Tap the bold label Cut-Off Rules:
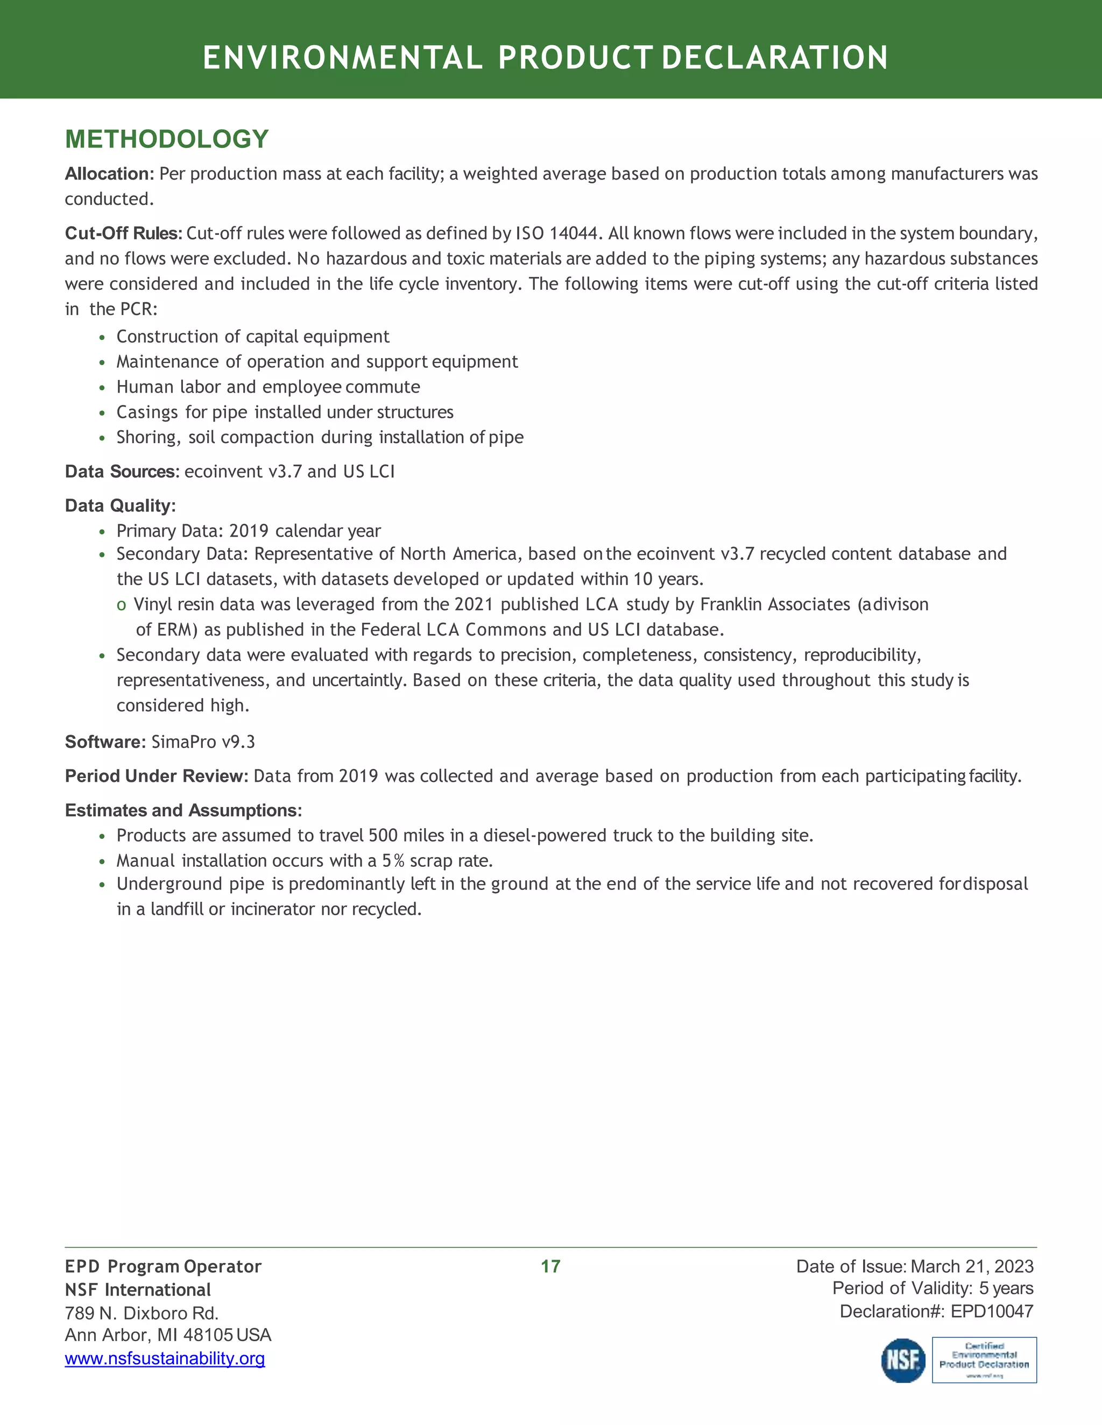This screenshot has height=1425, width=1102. coord(123,233)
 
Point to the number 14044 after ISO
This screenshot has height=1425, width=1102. coord(572,233)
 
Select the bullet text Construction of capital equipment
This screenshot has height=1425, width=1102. coord(253,337)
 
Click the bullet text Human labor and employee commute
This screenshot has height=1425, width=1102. coord(267,387)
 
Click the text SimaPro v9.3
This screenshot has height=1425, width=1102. coord(203,742)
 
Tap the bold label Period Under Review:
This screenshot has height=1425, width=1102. coord(156,776)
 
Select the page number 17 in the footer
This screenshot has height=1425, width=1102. coord(550,1266)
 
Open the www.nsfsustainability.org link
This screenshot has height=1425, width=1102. coord(165,1358)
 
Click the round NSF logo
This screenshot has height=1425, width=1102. coord(903,1360)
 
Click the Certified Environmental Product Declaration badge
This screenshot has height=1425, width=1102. coord(984,1360)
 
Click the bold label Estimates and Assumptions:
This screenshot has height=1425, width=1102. coord(183,810)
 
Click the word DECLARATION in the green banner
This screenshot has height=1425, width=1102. coord(774,58)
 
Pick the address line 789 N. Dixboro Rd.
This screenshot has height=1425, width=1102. coord(142,1313)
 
